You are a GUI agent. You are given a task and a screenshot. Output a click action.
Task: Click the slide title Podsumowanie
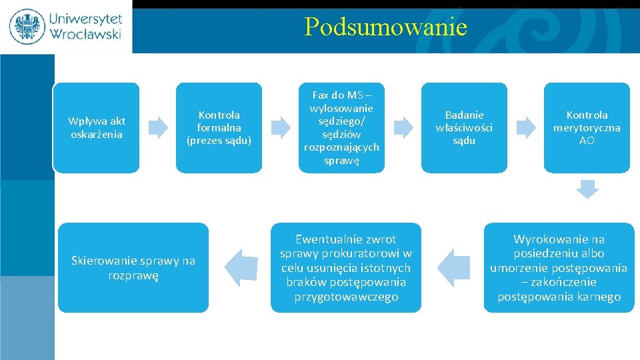(x=385, y=27)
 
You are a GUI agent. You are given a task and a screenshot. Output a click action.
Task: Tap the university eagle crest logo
(x=27, y=27)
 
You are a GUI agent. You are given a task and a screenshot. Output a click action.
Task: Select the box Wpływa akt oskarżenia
(x=97, y=127)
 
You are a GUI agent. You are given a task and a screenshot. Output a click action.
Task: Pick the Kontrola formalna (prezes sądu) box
(x=219, y=127)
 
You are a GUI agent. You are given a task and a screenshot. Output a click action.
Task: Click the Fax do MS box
(x=342, y=127)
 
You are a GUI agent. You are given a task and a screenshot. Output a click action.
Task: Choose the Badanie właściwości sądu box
(x=464, y=127)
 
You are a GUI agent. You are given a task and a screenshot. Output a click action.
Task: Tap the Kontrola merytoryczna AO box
(x=587, y=127)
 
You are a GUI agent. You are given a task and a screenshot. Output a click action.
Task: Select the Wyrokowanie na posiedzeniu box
(x=559, y=267)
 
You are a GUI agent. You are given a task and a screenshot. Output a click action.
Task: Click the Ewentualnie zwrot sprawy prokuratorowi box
(x=346, y=267)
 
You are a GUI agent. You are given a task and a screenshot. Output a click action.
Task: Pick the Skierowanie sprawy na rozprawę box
(x=133, y=267)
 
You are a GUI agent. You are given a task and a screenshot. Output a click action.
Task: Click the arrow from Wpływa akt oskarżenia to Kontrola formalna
(x=158, y=127)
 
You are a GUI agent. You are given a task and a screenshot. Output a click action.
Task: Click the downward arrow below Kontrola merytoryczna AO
(x=587, y=189)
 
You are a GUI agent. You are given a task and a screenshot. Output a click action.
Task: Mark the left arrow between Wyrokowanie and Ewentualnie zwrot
(x=456, y=267)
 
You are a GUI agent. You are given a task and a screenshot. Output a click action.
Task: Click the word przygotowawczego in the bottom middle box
(x=346, y=297)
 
